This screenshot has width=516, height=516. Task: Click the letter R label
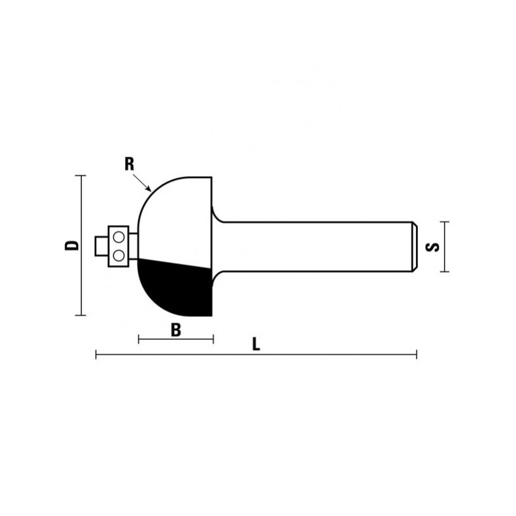coord(129,164)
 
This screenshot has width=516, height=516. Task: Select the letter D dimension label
coord(74,245)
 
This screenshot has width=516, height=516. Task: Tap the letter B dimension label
coord(175,330)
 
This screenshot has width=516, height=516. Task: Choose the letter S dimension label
coord(434,246)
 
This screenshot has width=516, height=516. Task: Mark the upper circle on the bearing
coord(119,239)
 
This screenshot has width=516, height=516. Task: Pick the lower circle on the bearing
coord(119,255)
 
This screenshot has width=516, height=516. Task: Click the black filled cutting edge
coord(174,287)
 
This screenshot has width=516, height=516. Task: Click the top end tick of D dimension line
coord(81,175)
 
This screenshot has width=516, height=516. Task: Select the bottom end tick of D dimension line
coord(81,315)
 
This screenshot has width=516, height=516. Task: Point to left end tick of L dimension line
coord(96,354)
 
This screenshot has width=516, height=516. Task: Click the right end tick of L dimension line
coord(417,354)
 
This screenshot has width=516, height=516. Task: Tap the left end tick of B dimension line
coord(139,339)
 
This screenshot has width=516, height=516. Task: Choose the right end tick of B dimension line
coord(213,339)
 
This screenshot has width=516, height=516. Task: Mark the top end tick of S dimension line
coord(443,221)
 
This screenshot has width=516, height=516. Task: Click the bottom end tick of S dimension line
coord(443,272)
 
